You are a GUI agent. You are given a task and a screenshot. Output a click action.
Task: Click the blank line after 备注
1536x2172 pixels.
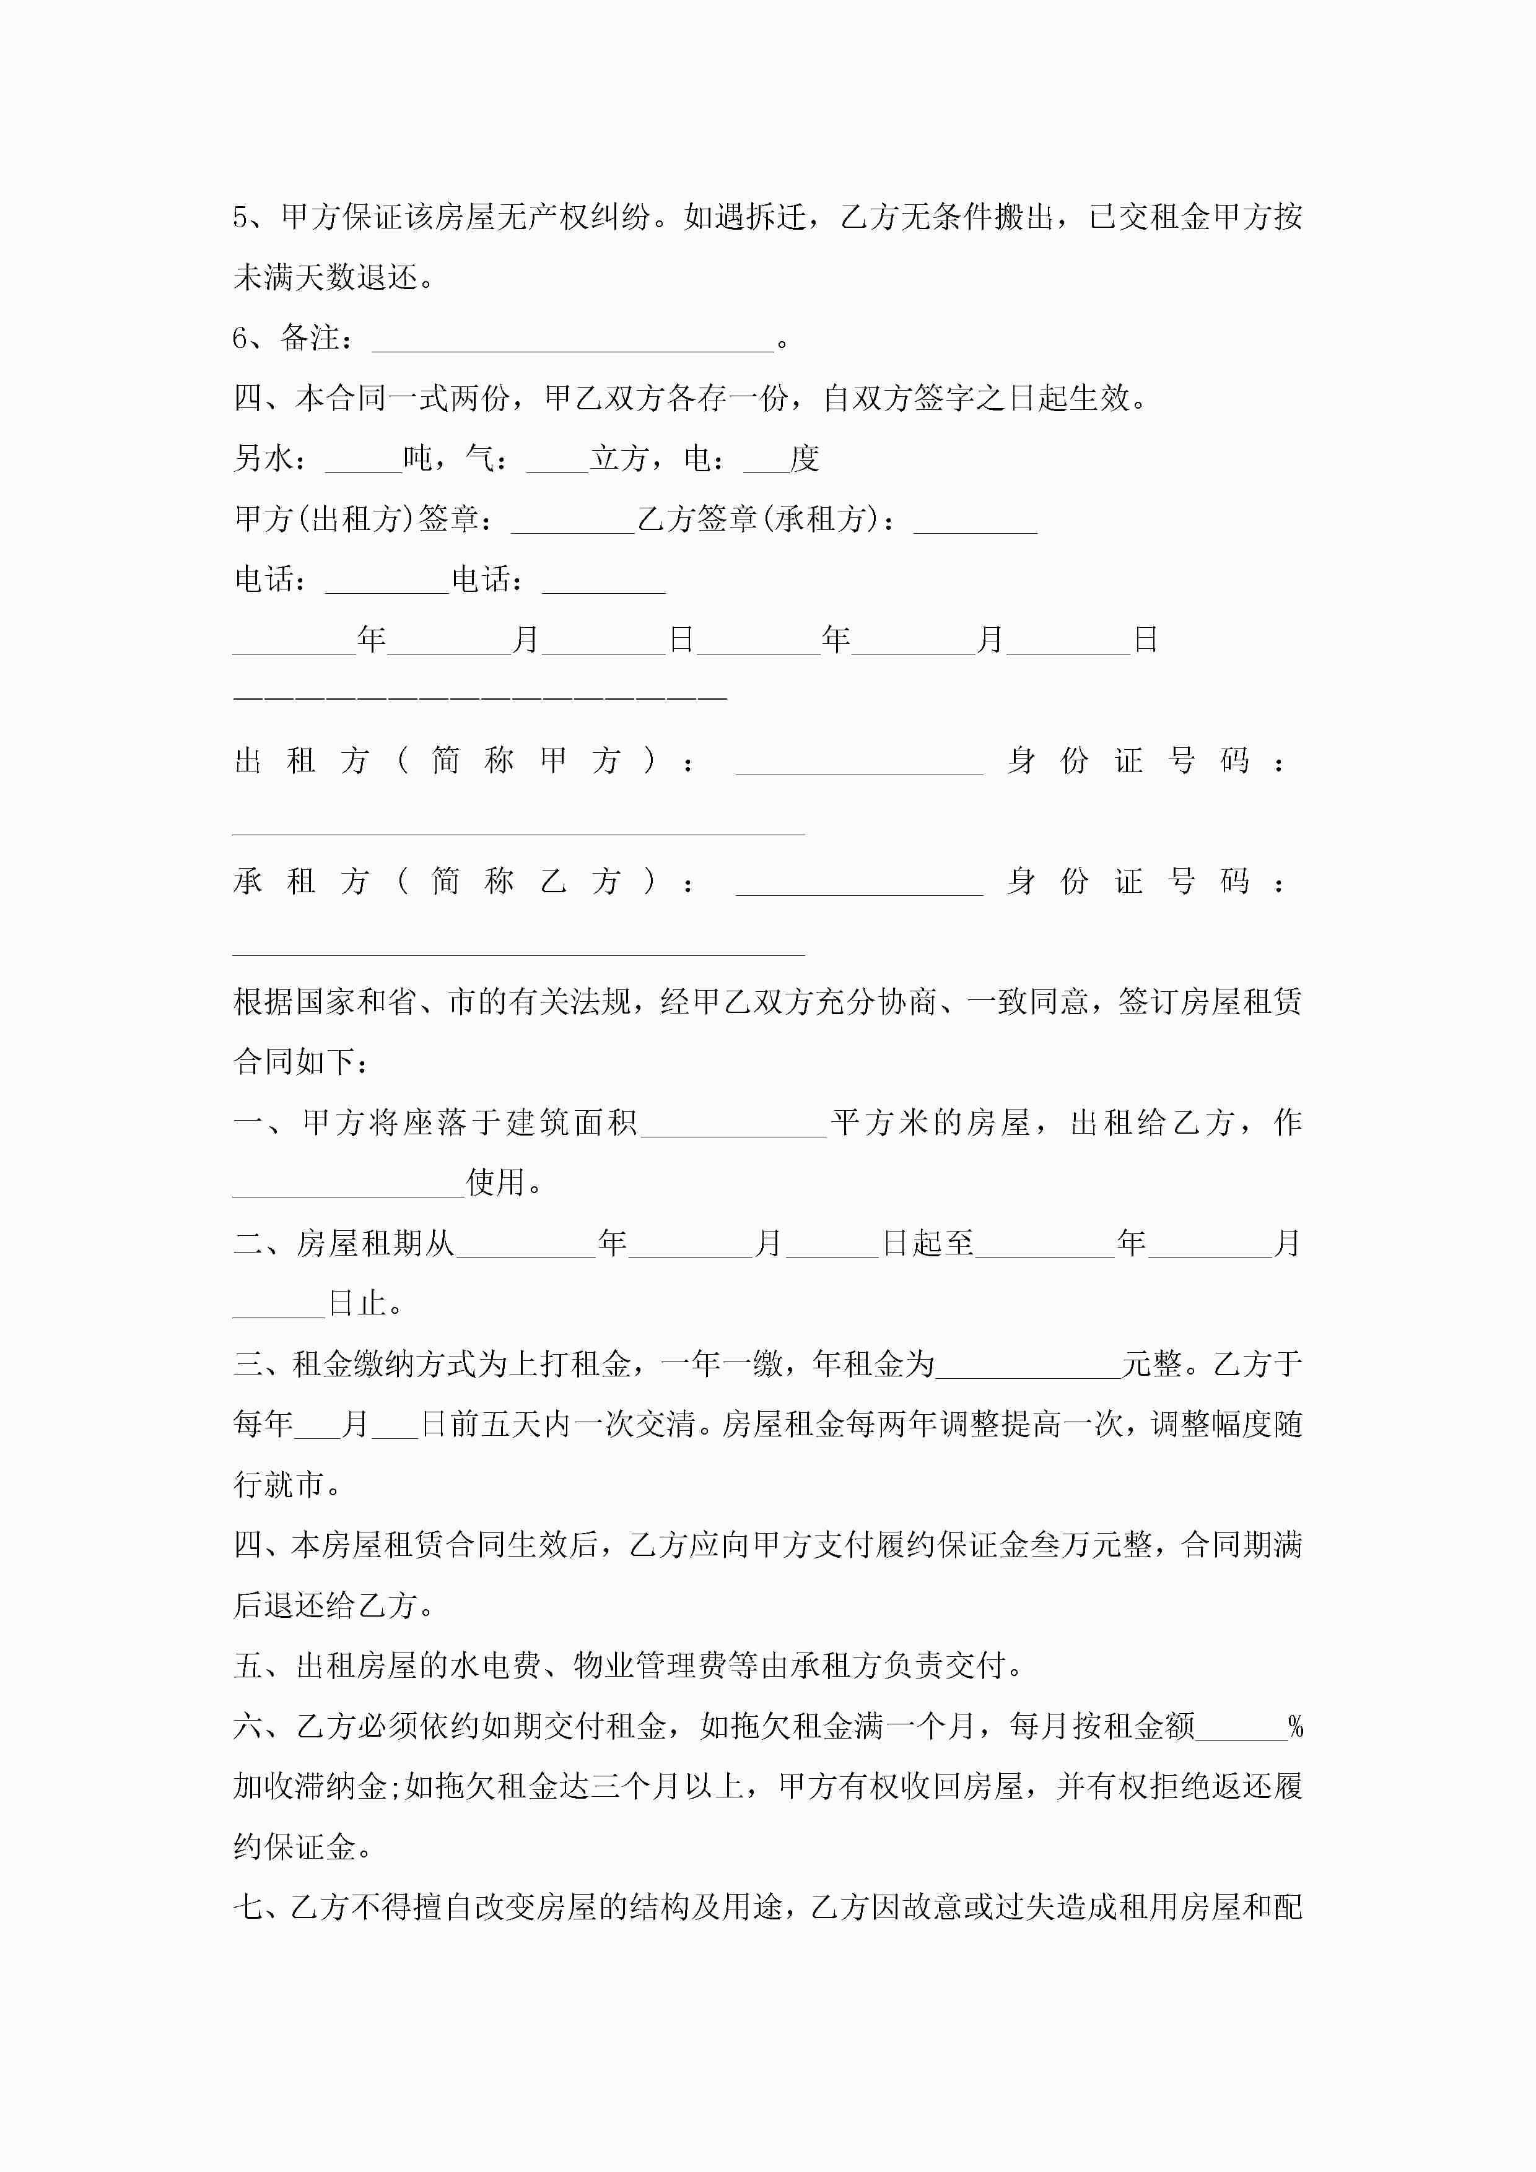[x=572, y=345]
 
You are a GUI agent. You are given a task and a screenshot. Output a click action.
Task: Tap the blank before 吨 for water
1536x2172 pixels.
[x=364, y=466]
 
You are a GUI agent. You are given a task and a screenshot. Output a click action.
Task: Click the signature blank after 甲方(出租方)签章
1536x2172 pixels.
[x=572, y=527]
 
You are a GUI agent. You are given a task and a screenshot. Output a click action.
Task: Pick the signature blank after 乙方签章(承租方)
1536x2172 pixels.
[x=975, y=527]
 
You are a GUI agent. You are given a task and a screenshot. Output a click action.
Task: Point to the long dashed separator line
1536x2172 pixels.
[x=480, y=697]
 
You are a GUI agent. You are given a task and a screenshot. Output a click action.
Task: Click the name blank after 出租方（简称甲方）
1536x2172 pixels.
[x=859, y=769]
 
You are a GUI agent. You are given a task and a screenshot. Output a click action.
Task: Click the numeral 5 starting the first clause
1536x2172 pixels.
[x=242, y=217]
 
